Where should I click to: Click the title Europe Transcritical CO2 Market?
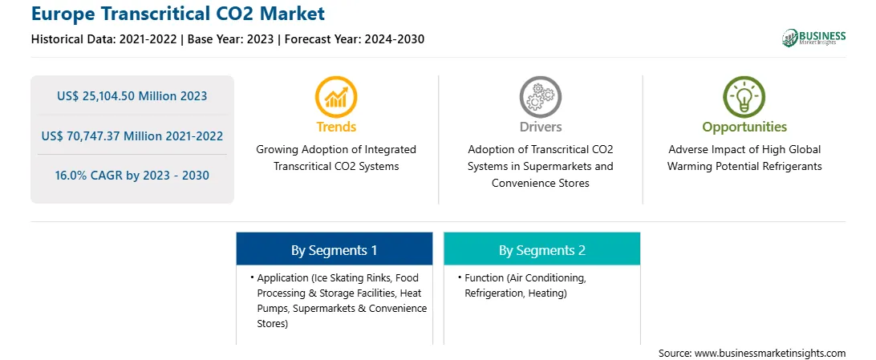(x=177, y=14)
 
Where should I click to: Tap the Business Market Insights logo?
(x=814, y=38)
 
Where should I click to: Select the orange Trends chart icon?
(x=336, y=96)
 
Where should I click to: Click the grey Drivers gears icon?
(x=540, y=96)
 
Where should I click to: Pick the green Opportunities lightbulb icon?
(x=744, y=96)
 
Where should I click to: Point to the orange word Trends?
(x=336, y=127)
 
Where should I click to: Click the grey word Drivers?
(x=540, y=127)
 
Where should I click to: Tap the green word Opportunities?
(x=744, y=127)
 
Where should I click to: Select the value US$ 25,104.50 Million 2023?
(x=132, y=96)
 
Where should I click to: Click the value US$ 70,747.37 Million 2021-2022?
(x=132, y=136)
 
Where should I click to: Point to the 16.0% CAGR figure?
(x=132, y=176)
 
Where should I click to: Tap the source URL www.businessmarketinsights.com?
(x=770, y=354)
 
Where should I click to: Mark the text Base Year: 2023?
(x=231, y=39)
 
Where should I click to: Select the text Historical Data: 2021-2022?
(x=105, y=39)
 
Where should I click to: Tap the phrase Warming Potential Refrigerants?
(x=744, y=166)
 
